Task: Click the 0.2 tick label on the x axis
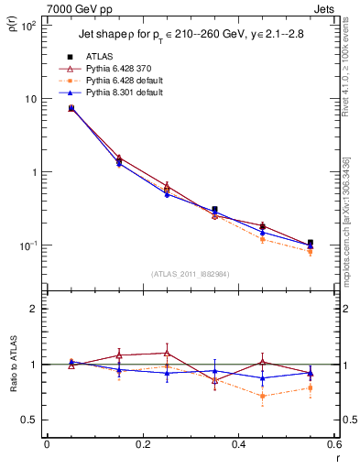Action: tap(142, 447)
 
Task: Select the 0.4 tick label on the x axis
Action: tap(238, 447)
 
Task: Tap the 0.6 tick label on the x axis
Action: tap(333, 447)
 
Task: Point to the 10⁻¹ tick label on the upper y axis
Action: tap(28, 245)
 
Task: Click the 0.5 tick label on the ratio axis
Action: tap(29, 420)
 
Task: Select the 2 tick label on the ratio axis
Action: tap(33, 309)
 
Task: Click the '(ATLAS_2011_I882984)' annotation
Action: tap(190, 273)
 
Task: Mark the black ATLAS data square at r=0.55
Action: tap(311, 243)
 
